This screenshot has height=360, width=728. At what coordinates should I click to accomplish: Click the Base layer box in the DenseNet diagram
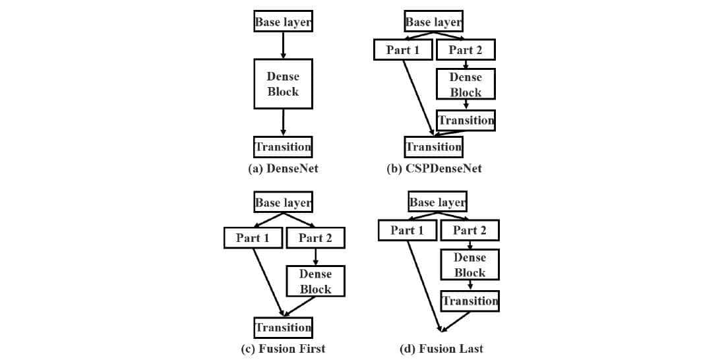point(283,22)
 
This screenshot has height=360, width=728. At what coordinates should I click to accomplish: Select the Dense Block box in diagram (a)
point(283,84)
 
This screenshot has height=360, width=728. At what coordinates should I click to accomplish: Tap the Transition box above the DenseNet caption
point(283,146)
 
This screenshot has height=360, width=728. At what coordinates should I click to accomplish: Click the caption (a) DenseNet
point(283,168)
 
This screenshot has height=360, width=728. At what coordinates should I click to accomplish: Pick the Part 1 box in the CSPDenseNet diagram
point(402,50)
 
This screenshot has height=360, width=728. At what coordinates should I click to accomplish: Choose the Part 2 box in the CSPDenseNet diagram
point(466,50)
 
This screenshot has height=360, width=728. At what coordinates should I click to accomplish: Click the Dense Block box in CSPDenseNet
point(466,84)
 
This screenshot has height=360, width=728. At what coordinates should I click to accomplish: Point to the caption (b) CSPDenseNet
point(434,168)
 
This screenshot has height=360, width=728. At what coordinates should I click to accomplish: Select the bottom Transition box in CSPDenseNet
point(433,146)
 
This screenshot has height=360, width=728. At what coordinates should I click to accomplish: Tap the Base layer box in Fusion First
point(283,202)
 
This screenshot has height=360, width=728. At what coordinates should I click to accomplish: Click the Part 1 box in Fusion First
point(253,237)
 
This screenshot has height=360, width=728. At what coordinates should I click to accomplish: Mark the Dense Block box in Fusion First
point(315,281)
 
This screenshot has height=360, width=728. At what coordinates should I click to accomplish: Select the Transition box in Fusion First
point(283,327)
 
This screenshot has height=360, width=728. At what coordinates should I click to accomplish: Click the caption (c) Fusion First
point(283,349)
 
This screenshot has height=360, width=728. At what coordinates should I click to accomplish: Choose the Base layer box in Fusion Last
point(437,202)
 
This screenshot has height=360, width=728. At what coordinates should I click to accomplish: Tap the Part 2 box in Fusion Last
point(470,230)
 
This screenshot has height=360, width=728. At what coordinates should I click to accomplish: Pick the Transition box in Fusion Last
point(470,301)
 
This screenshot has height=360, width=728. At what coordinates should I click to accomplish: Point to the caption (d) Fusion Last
point(441,349)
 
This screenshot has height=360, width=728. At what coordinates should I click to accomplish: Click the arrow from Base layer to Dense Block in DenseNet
point(283,45)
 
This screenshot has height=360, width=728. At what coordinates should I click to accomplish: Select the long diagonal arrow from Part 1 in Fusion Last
point(424,285)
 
